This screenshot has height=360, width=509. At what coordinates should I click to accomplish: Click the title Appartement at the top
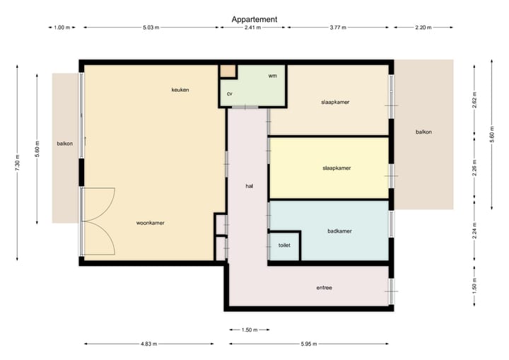click(x=255, y=19)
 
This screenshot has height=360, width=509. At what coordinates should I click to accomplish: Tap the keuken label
click(x=180, y=90)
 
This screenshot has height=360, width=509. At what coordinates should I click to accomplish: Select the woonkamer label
click(x=151, y=223)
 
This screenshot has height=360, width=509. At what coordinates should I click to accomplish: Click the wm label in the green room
click(x=272, y=75)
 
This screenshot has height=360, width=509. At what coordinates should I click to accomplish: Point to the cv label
click(x=230, y=93)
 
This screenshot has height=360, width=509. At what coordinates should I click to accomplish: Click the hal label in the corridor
click(x=249, y=186)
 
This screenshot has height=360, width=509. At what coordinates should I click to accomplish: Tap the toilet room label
click(x=284, y=245)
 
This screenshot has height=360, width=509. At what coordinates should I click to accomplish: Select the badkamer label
click(x=339, y=231)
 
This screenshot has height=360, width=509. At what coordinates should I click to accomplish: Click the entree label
click(x=324, y=287)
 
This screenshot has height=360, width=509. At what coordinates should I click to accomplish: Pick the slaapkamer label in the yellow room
click(x=337, y=168)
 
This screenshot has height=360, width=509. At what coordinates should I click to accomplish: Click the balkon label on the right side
click(x=423, y=132)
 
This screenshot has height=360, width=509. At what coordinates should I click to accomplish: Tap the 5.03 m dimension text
click(x=151, y=28)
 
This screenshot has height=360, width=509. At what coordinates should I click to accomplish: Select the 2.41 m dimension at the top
click(x=252, y=28)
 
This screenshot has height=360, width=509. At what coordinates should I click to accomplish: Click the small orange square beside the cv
click(x=228, y=71)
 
